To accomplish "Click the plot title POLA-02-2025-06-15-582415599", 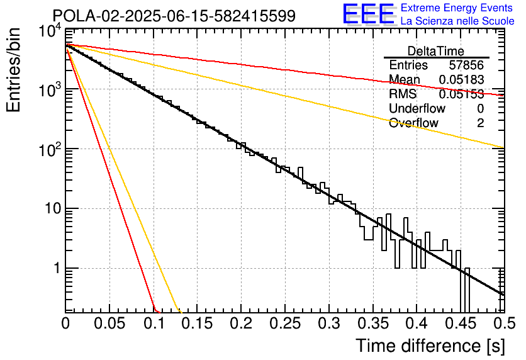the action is (x=174, y=16).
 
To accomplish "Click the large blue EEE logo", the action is (x=369, y=14).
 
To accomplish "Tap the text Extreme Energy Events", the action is (x=457, y=8).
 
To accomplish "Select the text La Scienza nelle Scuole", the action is (x=457, y=21).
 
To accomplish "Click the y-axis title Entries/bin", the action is (x=14, y=70).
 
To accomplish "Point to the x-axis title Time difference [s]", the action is (x=430, y=346).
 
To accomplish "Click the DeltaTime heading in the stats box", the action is (x=436, y=51).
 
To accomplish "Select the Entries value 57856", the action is (x=466, y=65).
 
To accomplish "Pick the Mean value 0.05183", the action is (x=461, y=79).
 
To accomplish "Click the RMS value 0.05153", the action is (x=461, y=94).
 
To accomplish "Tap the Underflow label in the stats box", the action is (x=417, y=108).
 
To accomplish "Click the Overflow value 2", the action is (x=480, y=123).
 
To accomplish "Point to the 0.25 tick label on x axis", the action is (x=285, y=323).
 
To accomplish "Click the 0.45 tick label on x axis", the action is (x=461, y=323).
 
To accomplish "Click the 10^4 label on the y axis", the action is (x=50, y=31).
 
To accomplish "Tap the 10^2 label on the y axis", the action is (x=50, y=150).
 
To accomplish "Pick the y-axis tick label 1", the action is (x=57, y=268).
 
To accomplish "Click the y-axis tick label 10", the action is (x=53, y=209).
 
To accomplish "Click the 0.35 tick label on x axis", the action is (x=372, y=323).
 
